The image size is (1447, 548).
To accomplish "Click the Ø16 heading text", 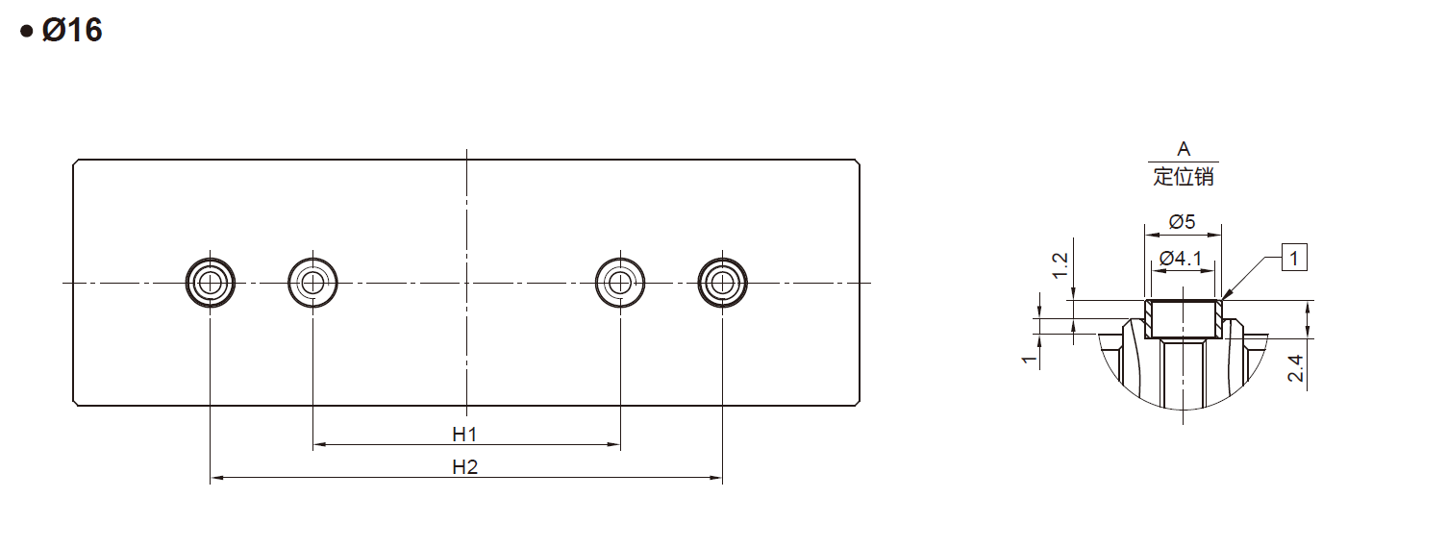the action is pyautogui.click(x=72, y=31).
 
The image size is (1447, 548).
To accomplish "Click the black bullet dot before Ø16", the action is pyautogui.click(x=27, y=31).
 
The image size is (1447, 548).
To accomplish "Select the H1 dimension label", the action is pyautogui.click(x=464, y=435).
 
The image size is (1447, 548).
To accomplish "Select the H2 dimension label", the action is pyautogui.click(x=464, y=466).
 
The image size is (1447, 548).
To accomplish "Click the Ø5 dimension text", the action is pyautogui.click(x=1183, y=222).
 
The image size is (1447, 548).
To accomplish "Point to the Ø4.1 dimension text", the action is pyautogui.click(x=1181, y=259).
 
